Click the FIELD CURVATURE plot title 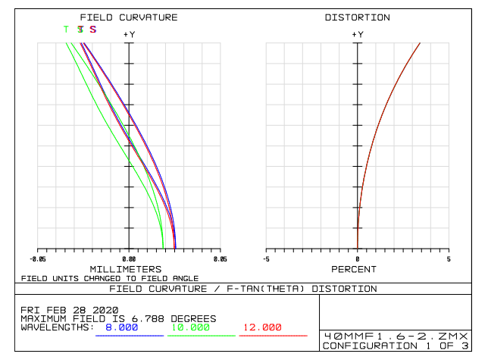point(129,17)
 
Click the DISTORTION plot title point(357,17)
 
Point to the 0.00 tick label point(129,258)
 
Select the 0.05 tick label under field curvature point(220,258)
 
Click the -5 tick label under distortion point(266,258)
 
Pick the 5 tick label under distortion point(448,258)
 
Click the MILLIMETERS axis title point(125,269)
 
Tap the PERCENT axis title point(354,269)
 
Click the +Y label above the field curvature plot point(129,34)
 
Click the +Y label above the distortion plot point(357,34)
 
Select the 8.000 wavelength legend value point(121,327)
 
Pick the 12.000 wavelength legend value point(261,327)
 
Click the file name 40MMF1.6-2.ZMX point(396,336)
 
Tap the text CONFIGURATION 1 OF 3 point(396,346)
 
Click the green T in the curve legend point(66,30)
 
